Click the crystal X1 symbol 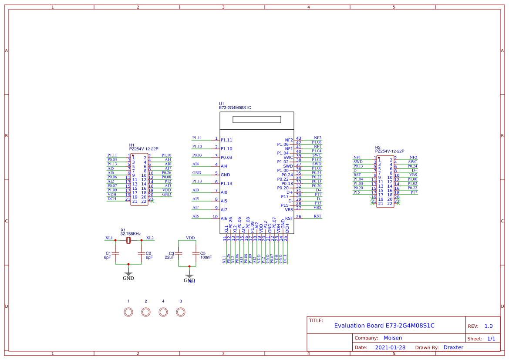click(x=128, y=241)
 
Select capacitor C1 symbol click(x=115, y=253)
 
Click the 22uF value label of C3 click(x=169, y=257)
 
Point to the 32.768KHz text click(x=131, y=234)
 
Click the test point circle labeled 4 click(x=163, y=312)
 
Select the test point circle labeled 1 click(x=128, y=312)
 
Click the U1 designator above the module click(x=221, y=104)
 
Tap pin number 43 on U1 click(x=298, y=138)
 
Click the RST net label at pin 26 click(x=317, y=216)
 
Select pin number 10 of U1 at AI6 click(x=215, y=216)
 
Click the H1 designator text click(x=131, y=145)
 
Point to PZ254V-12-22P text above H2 click(x=389, y=151)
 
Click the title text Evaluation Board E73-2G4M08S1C click(x=384, y=326)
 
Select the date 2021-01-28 click(x=390, y=347)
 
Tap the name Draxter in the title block click(x=453, y=347)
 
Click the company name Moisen click(x=393, y=338)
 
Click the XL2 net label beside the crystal click(x=150, y=238)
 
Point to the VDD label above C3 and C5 click(x=190, y=238)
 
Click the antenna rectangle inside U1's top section click(x=256, y=120)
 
